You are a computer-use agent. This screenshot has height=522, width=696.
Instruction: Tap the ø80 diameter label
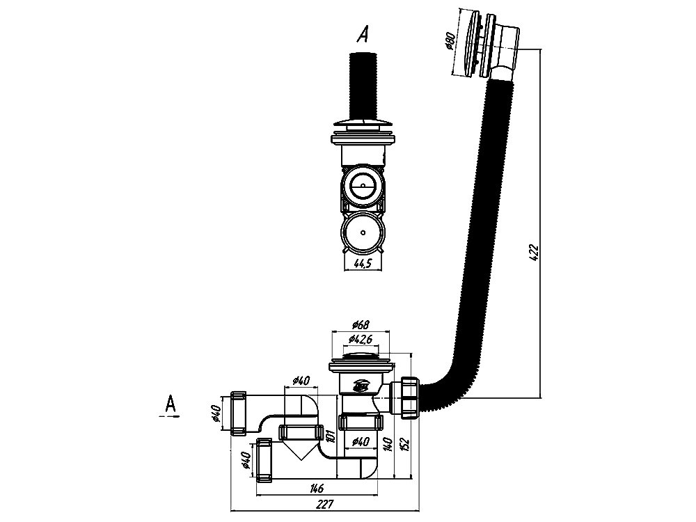click(449, 41)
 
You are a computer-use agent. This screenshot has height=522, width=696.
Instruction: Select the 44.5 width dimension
click(363, 264)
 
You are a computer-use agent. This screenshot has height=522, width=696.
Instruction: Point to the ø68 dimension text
click(361, 324)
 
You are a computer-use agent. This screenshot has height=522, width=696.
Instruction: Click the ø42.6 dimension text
click(361, 340)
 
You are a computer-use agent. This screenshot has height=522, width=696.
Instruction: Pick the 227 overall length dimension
click(325, 505)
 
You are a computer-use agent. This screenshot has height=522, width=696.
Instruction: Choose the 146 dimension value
click(317, 489)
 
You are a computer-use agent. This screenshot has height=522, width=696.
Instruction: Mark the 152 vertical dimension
click(405, 444)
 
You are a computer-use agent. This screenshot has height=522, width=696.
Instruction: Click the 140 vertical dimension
click(388, 444)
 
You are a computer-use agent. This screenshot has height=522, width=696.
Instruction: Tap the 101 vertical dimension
click(330, 436)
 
